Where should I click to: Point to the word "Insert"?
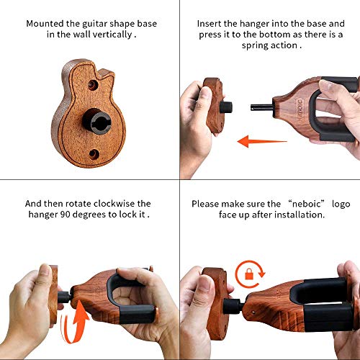tap(211, 23)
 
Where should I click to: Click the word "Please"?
tap(206, 203)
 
